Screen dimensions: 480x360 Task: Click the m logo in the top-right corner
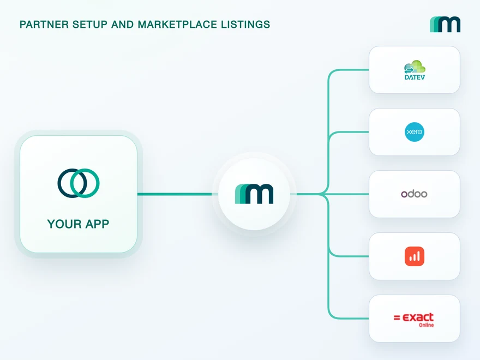tap(445, 25)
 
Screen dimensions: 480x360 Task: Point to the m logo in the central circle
tap(254, 194)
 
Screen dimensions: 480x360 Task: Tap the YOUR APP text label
tap(78, 224)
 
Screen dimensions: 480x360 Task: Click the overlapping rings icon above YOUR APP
tap(79, 183)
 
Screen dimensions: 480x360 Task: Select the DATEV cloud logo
tap(415, 70)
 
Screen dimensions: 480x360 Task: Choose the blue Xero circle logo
tap(415, 132)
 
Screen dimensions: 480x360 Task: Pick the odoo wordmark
tap(414, 194)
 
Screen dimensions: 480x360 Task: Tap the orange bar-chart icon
tap(415, 256)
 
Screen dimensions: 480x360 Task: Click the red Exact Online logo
tap(413, 320)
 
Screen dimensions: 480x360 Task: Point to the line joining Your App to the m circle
tap(175, 194)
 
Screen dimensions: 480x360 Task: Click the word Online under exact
tap(427, 325)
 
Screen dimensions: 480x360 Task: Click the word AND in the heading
tap(123, 25)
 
